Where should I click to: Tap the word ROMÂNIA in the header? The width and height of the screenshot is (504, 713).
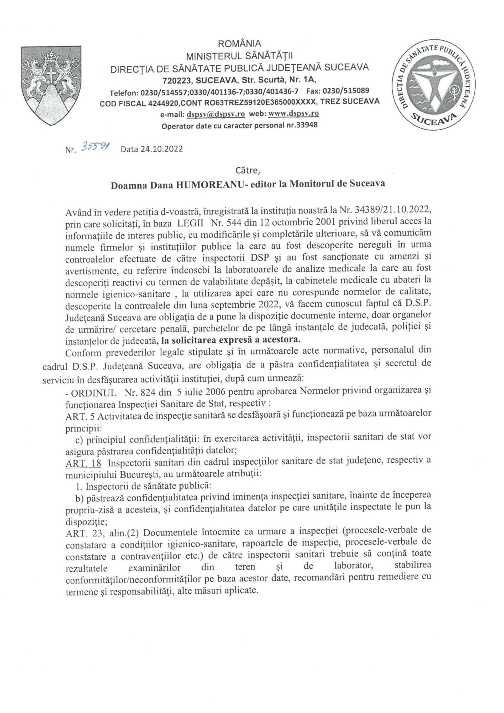point(239,43)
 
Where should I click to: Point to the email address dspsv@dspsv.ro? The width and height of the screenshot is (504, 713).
point(216,114)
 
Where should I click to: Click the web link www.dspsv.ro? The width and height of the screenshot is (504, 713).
point(293,114)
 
